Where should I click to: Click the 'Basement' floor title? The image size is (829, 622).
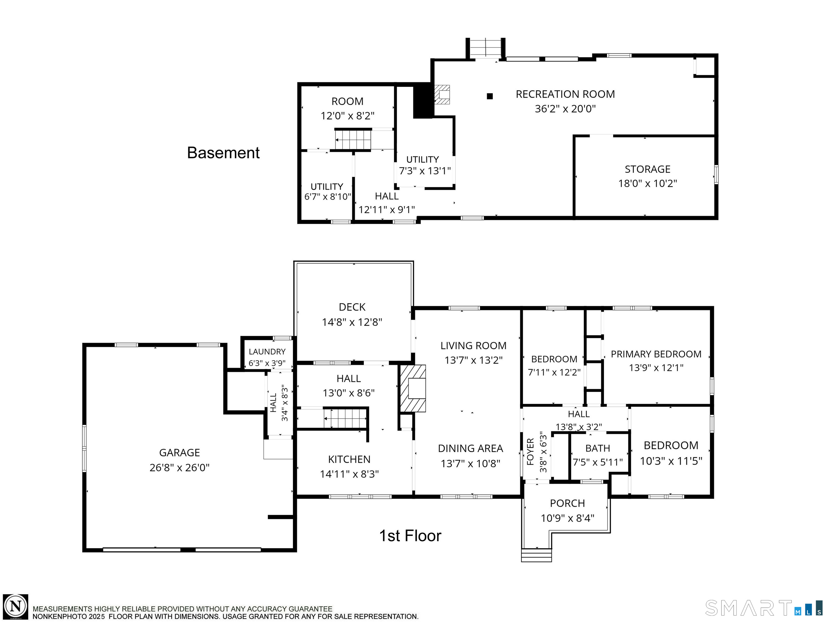coord(223,153)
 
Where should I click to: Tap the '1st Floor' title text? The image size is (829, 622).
coord(410,536)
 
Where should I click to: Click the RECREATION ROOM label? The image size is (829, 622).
coord(565,94)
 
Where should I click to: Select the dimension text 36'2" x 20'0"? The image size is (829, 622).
coord(565,109)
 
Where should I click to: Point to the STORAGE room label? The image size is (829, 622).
coord(648,169)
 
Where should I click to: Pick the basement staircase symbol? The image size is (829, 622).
coord(353,139)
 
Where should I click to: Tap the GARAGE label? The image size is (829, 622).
coord(180,453)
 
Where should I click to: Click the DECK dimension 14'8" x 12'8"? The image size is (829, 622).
coord(352,322)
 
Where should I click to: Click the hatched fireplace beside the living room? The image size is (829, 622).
coord(412,388)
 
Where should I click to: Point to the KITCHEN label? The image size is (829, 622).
coord(349,459)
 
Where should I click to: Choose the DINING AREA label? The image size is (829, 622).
coord(471,448)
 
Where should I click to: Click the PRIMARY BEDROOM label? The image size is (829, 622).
coord(656,354)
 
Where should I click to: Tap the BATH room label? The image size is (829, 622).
coord(598,448)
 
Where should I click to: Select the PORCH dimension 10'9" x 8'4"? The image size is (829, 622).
coord(567,518)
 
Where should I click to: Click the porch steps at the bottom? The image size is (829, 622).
coord(536,555)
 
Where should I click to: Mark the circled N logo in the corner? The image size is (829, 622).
coord(16,606)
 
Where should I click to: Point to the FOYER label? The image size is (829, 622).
coord(530,452)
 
